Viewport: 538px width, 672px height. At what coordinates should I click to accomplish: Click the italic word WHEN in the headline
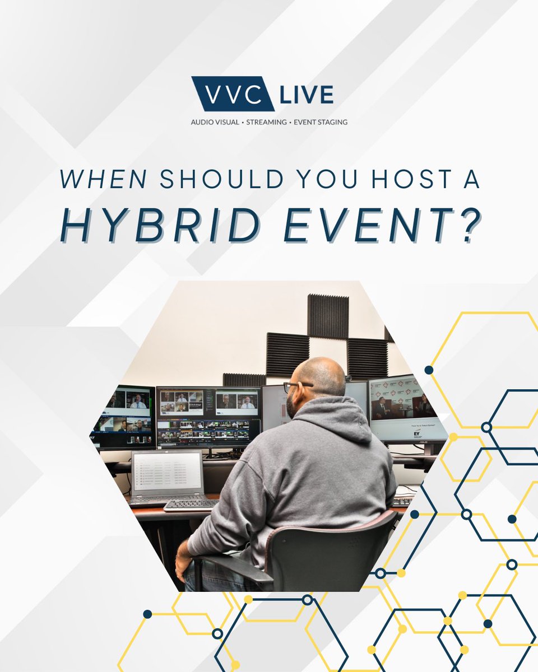click(104, 179)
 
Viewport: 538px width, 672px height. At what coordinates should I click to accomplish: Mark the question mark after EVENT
click(464, 227)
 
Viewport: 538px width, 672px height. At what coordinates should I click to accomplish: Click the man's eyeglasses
click(297, 386)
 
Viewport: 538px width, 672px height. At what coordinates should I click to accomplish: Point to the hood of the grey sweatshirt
click(336, 417)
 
